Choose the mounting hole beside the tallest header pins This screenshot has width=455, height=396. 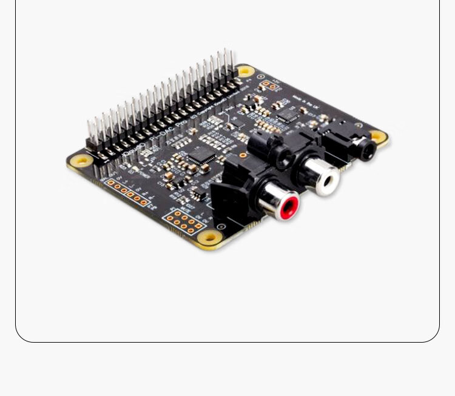point(244,71)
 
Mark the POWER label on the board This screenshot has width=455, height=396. point(143,172)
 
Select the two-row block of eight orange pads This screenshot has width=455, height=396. point(184,221)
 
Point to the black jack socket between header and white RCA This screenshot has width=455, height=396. point(267,150)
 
